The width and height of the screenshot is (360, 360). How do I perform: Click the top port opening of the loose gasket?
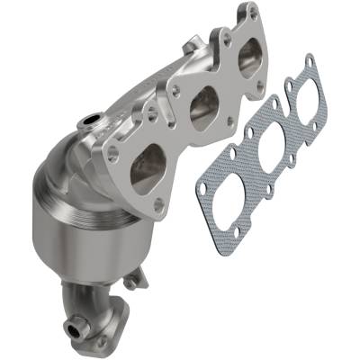pos(303,99)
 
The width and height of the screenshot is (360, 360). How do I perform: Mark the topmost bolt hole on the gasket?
pos(310,60)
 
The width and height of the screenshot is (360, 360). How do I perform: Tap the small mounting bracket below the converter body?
pos(132,281)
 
